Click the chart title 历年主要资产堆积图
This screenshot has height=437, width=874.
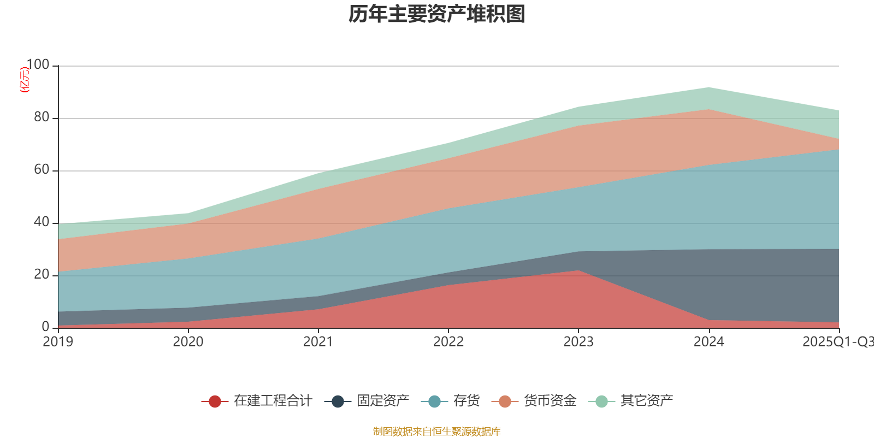pos(437,14)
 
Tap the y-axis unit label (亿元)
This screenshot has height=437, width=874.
pos(25,80)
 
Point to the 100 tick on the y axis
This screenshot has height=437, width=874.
pos(38,65)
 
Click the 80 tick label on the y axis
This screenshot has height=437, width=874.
pos(41,117)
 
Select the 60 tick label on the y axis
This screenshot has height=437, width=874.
pos(41,170)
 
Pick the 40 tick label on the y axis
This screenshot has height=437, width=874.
pos(41,222)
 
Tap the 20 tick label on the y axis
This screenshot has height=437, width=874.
pos(41,275)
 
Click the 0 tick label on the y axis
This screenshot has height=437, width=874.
pos(45,327)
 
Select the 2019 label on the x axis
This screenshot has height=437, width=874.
pos(58,342)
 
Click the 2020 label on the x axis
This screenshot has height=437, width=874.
pos(188,342)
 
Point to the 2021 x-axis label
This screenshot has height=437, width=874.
pos(318,342)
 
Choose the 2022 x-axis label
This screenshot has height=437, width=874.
pos(448,342)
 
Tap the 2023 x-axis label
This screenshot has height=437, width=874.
pos(578,342)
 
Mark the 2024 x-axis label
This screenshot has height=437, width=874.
pos(708,342)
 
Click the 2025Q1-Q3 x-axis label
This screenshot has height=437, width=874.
pos(837,342)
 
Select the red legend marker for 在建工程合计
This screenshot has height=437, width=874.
pos(215,401)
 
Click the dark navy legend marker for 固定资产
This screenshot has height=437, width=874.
pos(338,401)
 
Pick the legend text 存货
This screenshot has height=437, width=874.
pos(466,401)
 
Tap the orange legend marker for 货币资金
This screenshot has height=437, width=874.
pos(505,401)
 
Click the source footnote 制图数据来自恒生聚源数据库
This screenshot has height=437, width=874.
pos(437,432)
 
